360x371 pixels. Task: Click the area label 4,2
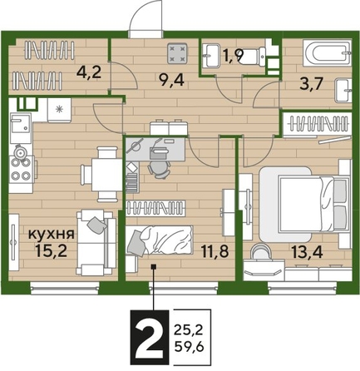[x=88, y=72]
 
